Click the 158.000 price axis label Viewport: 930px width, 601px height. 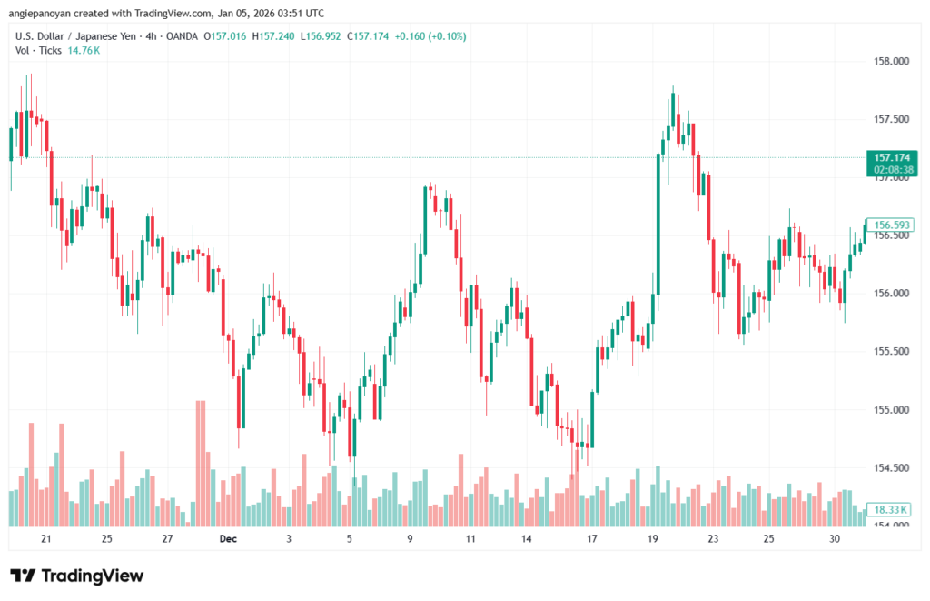[x=890, y=62]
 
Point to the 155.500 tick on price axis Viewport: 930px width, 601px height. [x=890, y=351]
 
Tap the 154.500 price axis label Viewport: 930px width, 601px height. [x=890, y=467]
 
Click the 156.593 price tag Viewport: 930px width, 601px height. [x=890, y=225]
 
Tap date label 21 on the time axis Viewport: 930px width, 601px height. [x=46, y=539]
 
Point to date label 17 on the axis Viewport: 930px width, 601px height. [x=591, y=539]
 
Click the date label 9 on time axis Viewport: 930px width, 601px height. [x=410, y=539]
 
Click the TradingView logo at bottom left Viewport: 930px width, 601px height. [x=77, y=576]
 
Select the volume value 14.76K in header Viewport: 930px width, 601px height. [x=84, y=51]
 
